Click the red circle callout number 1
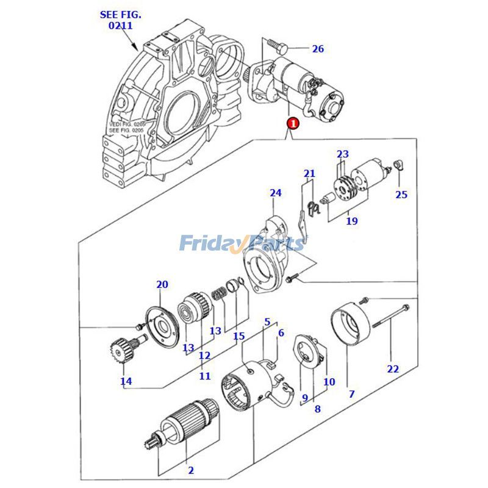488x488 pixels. click(x=293, y=123)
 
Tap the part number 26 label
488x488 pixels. click(x=318, y=49)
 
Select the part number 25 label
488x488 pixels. click(x=401, y=195)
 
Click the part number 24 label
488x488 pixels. click(x=276, y=193)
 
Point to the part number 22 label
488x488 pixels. click(x=392, y=368)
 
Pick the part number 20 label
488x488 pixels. click(x=162, y=284)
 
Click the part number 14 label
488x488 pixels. click(x=126, y=382)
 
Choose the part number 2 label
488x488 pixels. click(x=190, y=470)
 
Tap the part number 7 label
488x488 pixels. click(x=351, y=394)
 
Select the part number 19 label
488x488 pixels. click(x=352, y=221)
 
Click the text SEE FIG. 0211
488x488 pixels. click(x=116, y=20)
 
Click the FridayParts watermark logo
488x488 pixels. click(x=242, y=243)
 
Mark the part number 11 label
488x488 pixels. click(x=204, y=376)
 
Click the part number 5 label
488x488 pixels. click(x=267, y=321)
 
